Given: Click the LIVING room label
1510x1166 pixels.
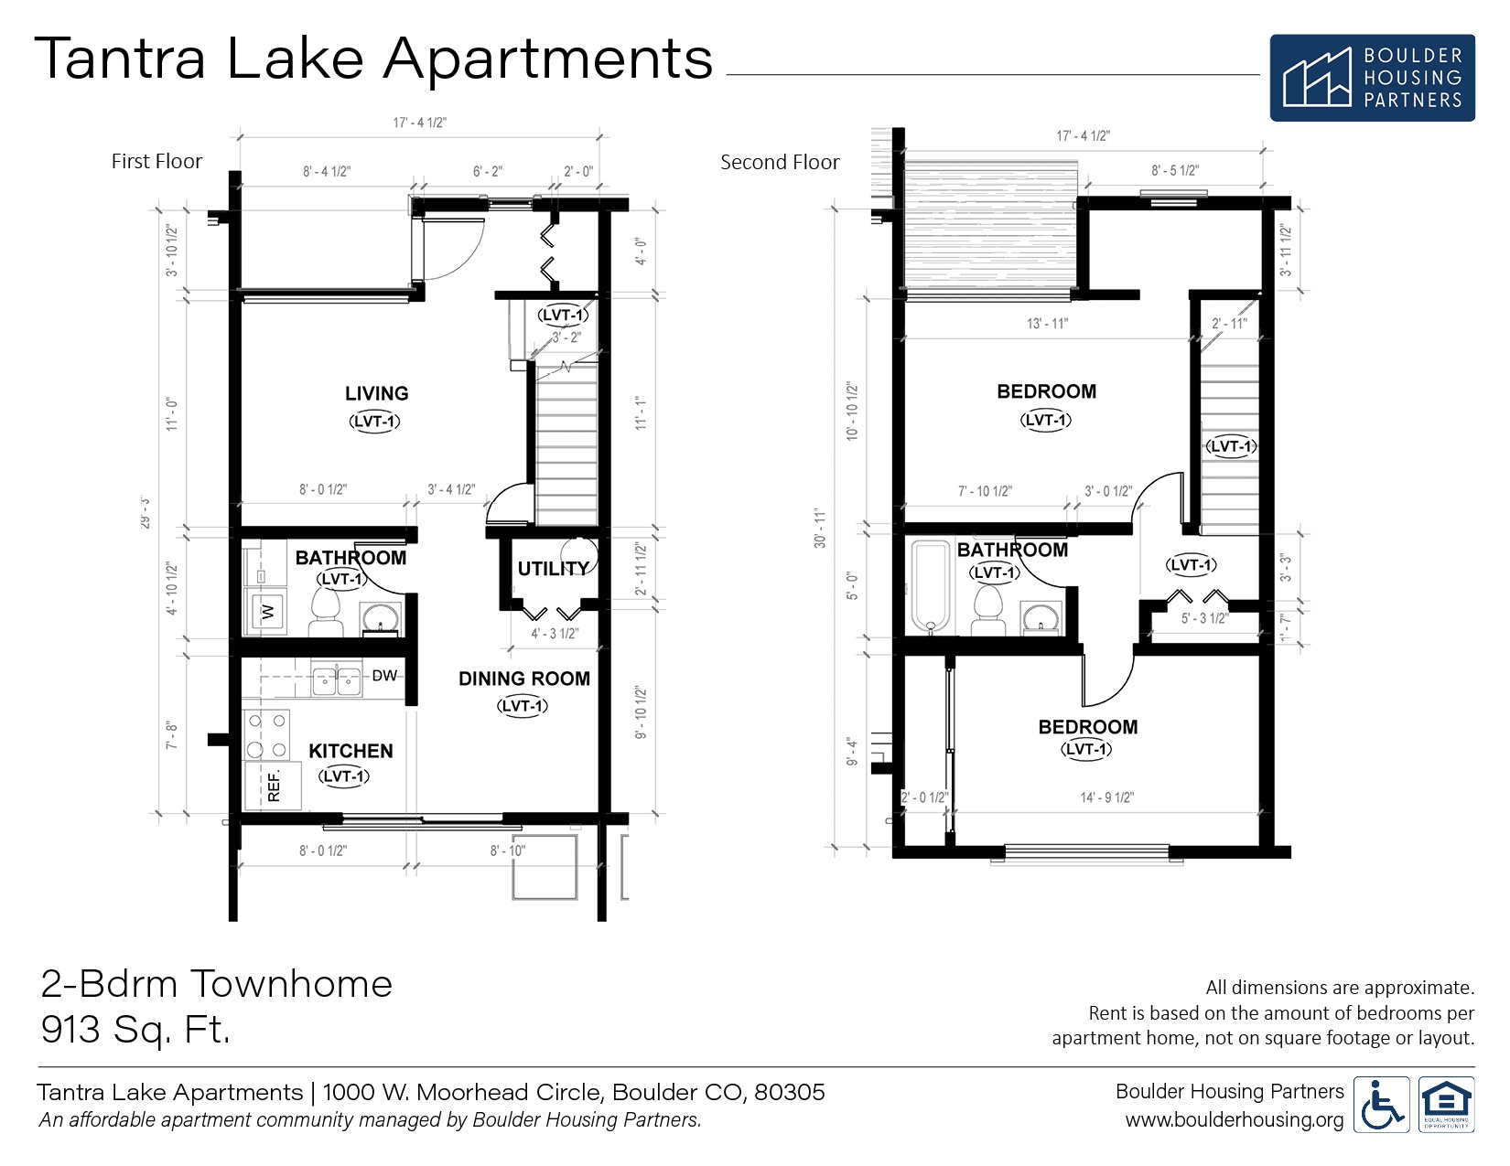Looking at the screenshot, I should click(x=376, y=393).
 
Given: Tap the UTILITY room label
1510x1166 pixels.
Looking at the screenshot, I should click(x=553, y=569).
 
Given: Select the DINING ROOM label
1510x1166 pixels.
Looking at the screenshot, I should click(x=523, y=679).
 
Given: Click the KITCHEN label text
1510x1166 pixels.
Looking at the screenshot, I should click(x=351, y=751).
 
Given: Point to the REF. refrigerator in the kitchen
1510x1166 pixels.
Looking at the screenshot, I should click(x=273, y=786).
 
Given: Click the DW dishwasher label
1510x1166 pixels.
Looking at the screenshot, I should click(x=384, y=676).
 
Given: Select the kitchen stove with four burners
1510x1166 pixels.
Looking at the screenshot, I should click(x=266, y=735).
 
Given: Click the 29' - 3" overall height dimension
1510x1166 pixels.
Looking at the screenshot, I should click(x=145, y=513).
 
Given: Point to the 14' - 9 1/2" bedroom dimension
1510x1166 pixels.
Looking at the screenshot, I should click(x=1106, y=797).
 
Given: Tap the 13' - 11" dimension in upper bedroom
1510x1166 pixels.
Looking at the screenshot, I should click(x=1047, y=324).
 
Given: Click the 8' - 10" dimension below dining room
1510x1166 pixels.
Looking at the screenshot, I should click(x=507, y=850).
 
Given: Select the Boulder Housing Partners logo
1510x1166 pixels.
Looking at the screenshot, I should click(x=1371, y=78).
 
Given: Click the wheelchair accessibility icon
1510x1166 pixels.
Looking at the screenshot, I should click(x=1380, y=1106).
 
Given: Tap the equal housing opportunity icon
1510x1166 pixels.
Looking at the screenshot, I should click(x=1446, y=1106).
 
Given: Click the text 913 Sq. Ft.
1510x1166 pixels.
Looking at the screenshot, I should click(x=135, y=1030).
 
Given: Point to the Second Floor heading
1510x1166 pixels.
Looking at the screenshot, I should click(x=780, y=163).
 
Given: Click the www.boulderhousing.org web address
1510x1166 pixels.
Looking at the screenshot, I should click(x=1234, y=1120).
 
